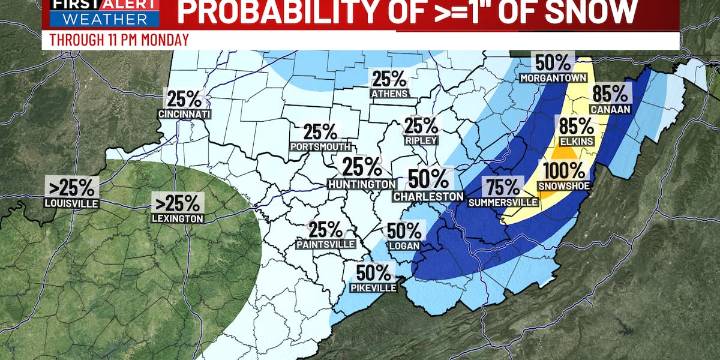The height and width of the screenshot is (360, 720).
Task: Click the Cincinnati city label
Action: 184,114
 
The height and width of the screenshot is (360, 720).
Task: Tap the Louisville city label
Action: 72,202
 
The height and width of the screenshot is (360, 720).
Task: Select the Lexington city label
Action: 177,218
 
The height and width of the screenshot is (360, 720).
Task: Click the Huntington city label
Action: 362,185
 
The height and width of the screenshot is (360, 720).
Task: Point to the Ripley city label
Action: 421,141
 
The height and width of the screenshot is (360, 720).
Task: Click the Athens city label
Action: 388,95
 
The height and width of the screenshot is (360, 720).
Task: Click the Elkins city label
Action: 575,142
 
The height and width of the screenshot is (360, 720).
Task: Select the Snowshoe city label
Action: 567,187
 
